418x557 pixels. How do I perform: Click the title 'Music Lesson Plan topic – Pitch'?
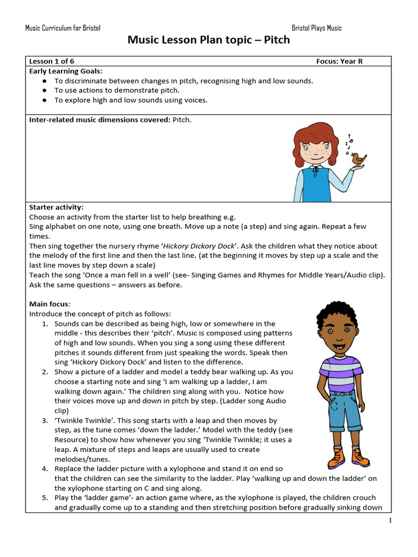coord(208,40)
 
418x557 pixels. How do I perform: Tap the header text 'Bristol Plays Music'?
coord(317,28)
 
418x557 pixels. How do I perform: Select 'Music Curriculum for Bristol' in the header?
coord(63,28)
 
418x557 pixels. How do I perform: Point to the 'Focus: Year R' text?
coord(339,61)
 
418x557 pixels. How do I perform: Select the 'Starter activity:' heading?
coord(57,207)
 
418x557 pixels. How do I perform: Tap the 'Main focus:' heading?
coord(50,304)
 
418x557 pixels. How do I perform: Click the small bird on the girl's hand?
coord(358,159)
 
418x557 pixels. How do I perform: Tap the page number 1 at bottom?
coord(390,521)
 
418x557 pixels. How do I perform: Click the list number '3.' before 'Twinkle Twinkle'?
coord(46,420)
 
